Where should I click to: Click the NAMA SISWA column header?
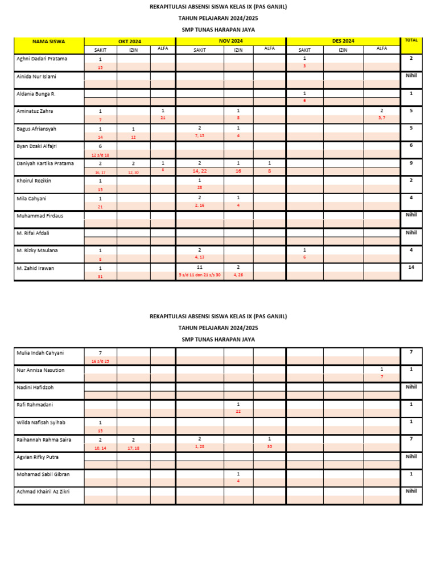(x=48, y=42)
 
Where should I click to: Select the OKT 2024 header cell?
(x=130, y=42)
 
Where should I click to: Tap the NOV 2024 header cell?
(x=230, y=42)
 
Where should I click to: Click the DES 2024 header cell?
(x=343, y=42)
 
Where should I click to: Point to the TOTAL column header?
(x=411, y=40)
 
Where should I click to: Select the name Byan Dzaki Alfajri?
(x=37, y=146)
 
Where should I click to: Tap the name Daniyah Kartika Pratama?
(x=46, y=163)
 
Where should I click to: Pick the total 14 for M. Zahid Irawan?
(x=411, y=267)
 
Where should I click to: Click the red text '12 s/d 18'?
(x=100, y=155)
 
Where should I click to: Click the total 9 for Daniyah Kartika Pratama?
(x=411, y=163)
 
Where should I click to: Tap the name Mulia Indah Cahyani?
(x=40, y=353)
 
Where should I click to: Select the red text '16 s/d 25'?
(x=100, y=361)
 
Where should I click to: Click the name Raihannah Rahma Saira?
(x=44, y=440)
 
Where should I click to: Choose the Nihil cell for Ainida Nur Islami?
(x=411, y=76)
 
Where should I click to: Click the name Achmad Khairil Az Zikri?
(x=43, y=491)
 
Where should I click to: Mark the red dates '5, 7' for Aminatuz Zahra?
(x=382, y=118)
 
